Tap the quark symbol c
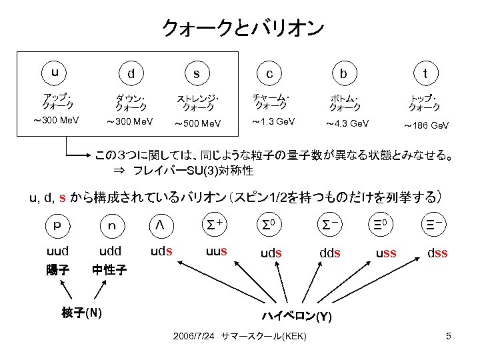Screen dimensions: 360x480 269,74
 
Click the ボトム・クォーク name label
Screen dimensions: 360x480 345,102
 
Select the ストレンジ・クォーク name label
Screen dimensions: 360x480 198,103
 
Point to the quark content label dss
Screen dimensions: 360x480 437,253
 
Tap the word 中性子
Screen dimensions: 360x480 109,271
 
